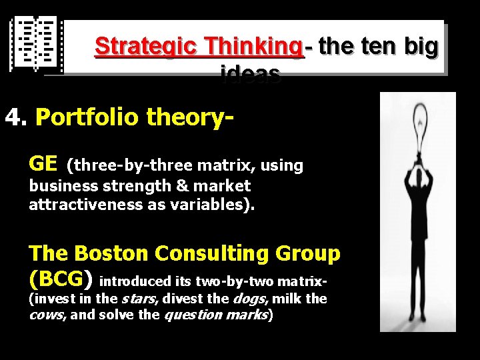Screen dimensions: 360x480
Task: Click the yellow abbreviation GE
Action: coord(43,163)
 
